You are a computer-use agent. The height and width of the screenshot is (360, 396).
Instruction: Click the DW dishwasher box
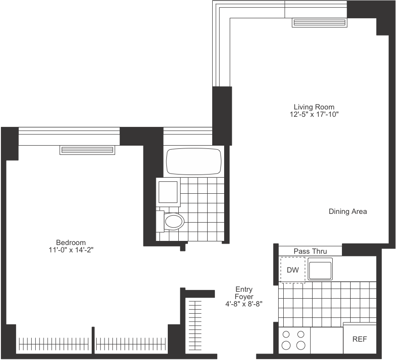pyautogui.click(x=292, y=270)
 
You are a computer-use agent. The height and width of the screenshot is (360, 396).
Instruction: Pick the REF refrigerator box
pyautogui.click(x=360, y=339)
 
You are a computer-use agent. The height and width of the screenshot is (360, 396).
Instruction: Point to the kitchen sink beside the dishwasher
pyautogui.click(x=320, y=268)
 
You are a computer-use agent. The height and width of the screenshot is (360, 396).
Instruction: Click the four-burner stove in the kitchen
pyautogui.click(x=294, y=340)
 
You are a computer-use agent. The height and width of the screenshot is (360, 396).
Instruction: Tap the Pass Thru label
pyautogui.click(x=310, y=251)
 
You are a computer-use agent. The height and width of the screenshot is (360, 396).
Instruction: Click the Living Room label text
pyautogui.click(x=314, y=107)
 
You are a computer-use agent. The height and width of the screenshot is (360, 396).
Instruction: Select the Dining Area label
pyautogui.click(x=347, y=212)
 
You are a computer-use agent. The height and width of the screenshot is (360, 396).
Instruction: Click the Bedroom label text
pyautogui.click(x=71, y=242)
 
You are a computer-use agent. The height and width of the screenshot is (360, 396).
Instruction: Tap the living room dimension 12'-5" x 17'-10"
pyautogui.click(x=314, y=115)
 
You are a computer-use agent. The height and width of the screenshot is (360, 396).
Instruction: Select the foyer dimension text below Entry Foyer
pyautogui.click(x=243, y=304)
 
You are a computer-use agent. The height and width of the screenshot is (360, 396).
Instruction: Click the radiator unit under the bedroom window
pyautogui.click(x=87, y=150)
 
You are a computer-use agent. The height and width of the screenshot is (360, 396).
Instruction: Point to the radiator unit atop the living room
pyautogui.click(x=319, y=22)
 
